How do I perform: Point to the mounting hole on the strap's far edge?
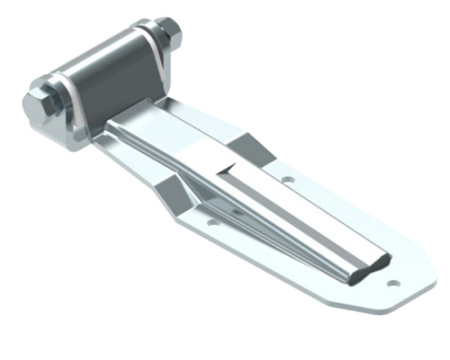pos(289,177)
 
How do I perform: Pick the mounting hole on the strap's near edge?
pos(214,222)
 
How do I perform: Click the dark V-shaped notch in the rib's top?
pos(229,170)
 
